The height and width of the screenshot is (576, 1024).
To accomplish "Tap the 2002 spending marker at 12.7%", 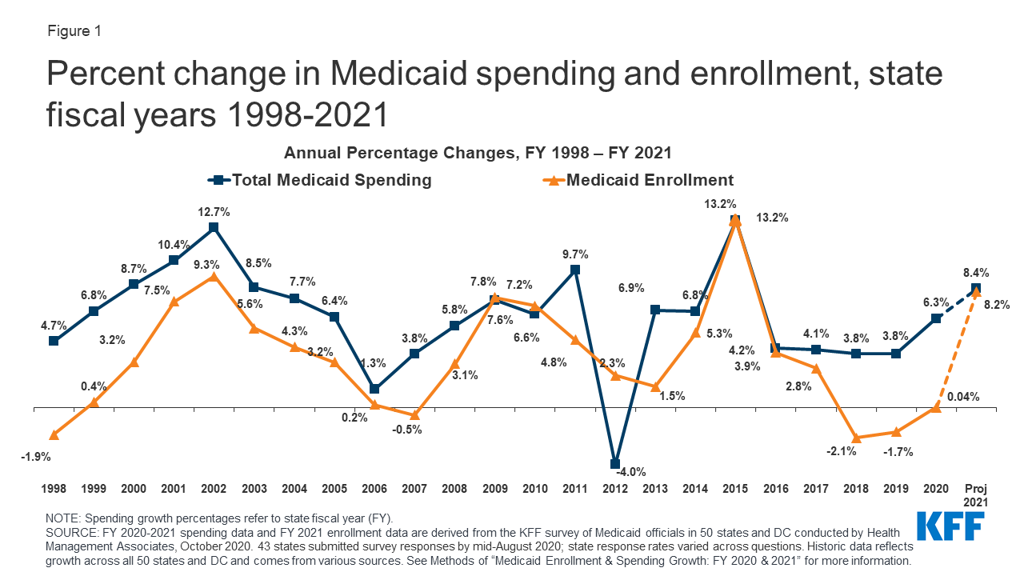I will (213, 227).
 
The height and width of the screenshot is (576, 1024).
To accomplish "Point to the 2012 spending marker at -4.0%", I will (615, 463).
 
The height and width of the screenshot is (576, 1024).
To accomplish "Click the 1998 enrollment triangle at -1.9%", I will (54, 434).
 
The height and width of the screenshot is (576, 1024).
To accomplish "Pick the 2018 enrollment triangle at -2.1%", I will (856, 438).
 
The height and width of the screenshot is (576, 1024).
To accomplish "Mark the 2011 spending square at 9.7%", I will (575, 270).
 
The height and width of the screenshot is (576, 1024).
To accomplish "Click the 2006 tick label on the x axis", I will (374, 487).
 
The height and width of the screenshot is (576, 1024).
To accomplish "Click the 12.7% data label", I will (214, 212).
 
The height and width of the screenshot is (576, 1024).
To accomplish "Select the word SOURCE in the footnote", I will (73, 532).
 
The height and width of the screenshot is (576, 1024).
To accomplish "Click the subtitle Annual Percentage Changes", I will (477, 153).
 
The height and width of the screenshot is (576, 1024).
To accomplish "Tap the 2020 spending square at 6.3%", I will (936, 318).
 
